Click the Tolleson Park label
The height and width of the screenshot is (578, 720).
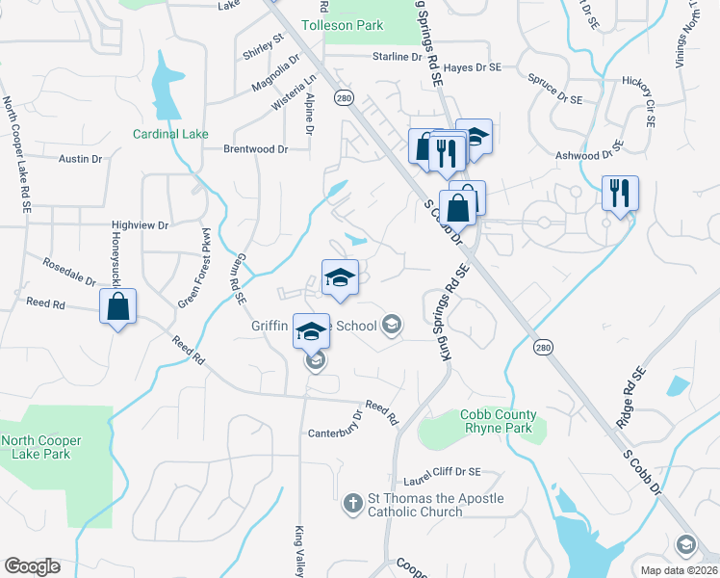(343, 25)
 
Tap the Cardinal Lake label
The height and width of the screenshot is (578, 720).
(170, 134)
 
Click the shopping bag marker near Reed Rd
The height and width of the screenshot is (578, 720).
(117, 308)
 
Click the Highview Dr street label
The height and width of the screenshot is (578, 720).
(140, 224)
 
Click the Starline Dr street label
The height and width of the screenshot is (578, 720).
(398, 57)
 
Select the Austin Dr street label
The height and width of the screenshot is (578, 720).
(81, 158)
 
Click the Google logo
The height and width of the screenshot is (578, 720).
(32, 566)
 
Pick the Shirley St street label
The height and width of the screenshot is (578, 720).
(264, 46)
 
